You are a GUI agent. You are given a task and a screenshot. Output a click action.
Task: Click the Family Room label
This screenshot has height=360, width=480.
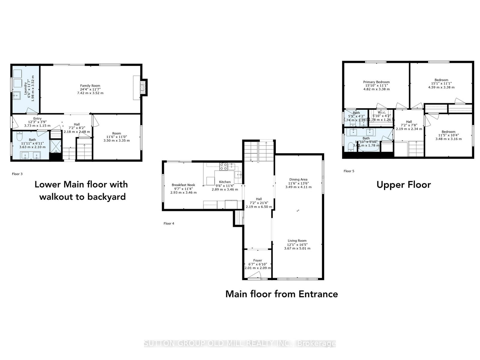click(x=90, y=86)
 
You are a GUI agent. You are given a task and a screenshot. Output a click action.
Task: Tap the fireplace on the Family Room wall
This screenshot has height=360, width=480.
click(x=144, y=87)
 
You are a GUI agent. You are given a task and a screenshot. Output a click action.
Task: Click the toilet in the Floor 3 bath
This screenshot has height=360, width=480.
click(x=19, y=137)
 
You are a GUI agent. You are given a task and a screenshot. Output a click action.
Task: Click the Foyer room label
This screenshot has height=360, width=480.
click(x=257, y=260)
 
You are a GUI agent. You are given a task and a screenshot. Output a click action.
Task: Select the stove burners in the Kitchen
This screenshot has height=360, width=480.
click(x=223, y=167)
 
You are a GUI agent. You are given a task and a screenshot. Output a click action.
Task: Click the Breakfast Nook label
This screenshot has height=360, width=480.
click(x=183, y=185)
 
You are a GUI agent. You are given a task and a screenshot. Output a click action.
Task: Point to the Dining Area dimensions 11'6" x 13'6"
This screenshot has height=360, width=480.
click(x=298, y=183)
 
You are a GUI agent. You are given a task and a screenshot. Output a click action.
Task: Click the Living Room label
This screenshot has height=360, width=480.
click(x=297, y=241)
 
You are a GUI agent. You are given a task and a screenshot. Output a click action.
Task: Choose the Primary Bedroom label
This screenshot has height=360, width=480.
click(x=376, y=82)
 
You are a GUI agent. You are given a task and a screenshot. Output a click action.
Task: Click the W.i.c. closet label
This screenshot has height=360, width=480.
click(x=382, y=112)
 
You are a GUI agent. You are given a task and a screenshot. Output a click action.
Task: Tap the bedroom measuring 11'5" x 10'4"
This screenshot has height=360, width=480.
click(x=448, y=135)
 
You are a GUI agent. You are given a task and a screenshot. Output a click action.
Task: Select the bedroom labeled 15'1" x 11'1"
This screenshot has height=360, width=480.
click(x=441, y=83)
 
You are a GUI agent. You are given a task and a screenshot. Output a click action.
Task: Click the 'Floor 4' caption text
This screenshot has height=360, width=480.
click(x=169, y=223)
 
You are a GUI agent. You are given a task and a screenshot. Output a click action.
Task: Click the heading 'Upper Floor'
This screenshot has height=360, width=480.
click(x=403, y=185)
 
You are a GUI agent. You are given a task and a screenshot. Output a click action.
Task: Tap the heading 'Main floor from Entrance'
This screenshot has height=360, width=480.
click(x=281, y=294)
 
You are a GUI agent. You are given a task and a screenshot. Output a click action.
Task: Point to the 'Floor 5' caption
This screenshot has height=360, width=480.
click(x=349, y=171)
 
